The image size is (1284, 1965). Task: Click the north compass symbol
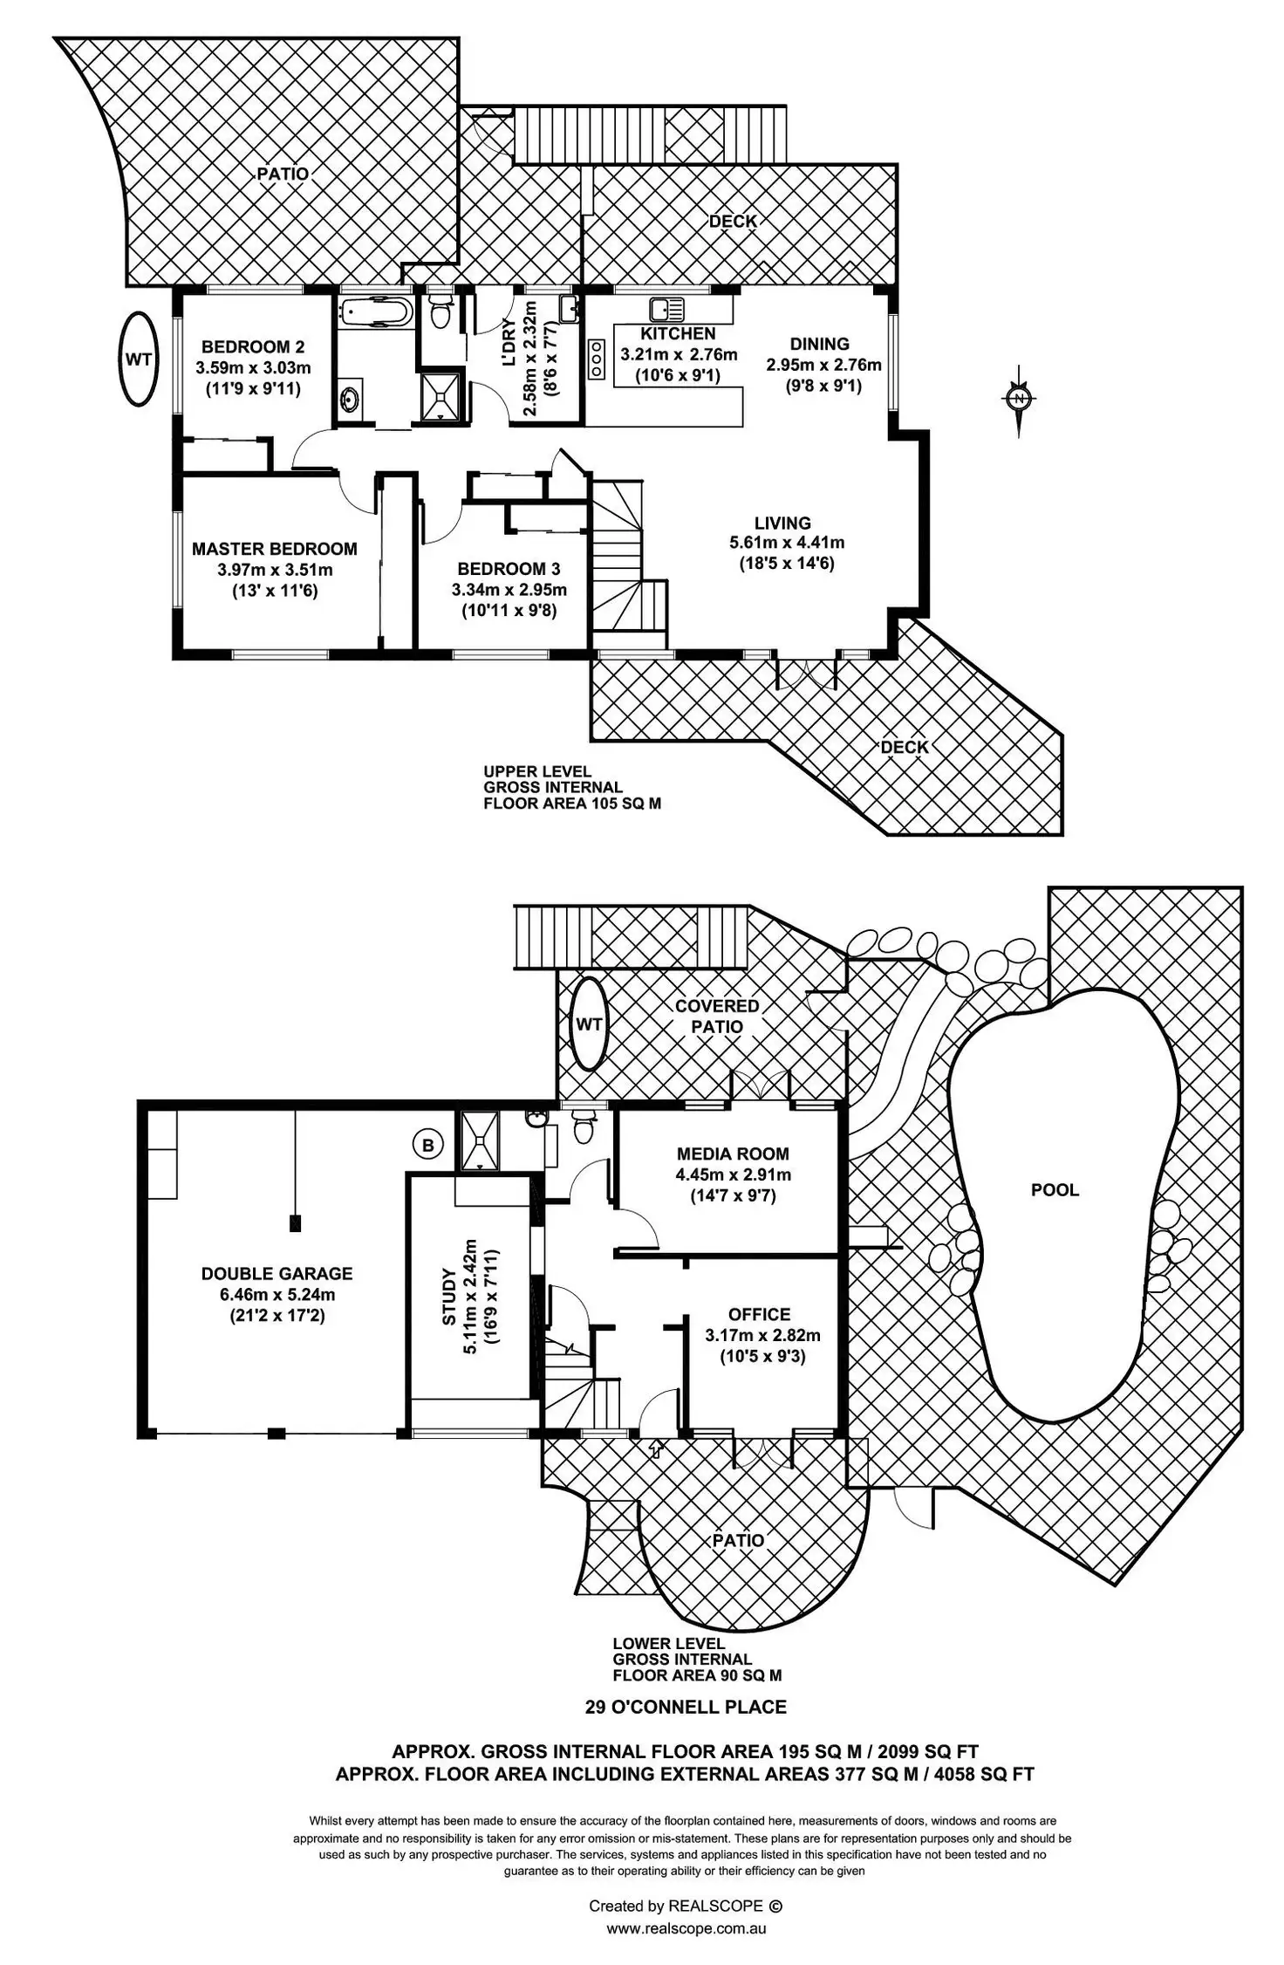coord(1018,399)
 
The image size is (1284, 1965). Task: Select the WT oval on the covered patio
coord(590,1024)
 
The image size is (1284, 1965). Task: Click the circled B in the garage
coord(427,1145)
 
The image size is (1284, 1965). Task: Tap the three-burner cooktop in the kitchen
coord(598,359)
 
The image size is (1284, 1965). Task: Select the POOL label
coord(1055,1189)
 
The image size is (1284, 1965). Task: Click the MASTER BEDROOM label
coord(274,549)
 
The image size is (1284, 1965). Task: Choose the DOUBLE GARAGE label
coord(277,1273)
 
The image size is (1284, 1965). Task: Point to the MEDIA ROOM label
coord(733,1154)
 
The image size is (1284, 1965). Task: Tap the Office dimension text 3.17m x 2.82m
coord(762,1335)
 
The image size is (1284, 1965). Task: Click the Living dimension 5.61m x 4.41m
coord(787,543)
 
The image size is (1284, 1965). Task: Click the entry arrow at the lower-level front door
coord(656,1449)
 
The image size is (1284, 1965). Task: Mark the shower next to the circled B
coord(478,1139)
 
